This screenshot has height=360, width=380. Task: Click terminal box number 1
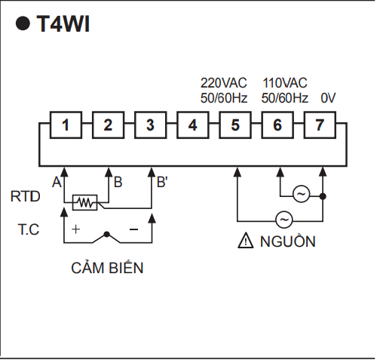click(x=66, y=125)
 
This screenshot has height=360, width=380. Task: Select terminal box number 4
click(x=193, y=125)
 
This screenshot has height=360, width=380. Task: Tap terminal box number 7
click(x=320, y=125)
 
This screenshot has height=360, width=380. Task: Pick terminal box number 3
click(x=151, y=125)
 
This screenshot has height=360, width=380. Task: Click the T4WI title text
click(x=63, y=24)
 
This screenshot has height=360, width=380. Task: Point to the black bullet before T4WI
click(x=23, y=23)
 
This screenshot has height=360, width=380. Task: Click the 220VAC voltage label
click(x=224, y=83)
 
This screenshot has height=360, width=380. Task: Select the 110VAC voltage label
click(x=285, y=83)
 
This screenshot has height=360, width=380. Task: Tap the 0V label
click(x=328, y=98)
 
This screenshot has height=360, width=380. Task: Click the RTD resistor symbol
click(x=85, y=202)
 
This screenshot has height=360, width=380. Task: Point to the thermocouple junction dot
click(x=107, y=235)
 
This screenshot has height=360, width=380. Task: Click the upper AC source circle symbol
click(x=302, y=194)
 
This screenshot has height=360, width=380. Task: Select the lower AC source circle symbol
click(x=284, y=220)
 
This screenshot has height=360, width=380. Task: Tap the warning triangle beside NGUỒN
click(x=246, y=241)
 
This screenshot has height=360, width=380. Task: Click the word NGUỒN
click(x=288, y=241)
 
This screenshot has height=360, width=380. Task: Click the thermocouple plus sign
click(x=75, y=229)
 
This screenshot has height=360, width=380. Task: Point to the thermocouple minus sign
click(x=133, y=229)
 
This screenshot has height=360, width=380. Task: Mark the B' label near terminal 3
click(x=162, y=182)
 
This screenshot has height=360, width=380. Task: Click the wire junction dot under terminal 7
click(x=323, y=196)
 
